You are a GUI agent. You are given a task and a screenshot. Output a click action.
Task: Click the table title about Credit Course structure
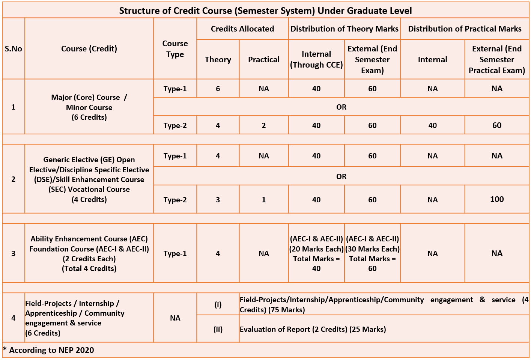[265, 11]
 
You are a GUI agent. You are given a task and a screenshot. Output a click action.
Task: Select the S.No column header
[14, 49]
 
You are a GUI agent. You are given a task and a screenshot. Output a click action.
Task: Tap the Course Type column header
[175, 49]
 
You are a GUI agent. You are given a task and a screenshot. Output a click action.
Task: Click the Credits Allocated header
[242, 29]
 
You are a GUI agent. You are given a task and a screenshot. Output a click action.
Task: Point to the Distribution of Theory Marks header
[344, 29]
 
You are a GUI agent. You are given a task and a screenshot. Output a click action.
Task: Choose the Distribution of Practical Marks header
[465, 29]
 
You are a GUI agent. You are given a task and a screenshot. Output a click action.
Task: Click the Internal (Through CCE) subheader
[316, 59]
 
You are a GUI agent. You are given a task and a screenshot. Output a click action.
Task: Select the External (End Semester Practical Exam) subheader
[496, 59]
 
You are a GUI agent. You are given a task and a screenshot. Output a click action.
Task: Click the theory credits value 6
[218, 89]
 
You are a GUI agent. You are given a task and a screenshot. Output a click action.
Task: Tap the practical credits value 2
[264, 125]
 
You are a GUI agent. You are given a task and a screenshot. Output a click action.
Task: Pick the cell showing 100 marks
[497, 199]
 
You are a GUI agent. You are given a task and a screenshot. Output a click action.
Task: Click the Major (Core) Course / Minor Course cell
[89, 107]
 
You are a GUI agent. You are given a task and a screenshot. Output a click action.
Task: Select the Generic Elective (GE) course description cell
[89, 179]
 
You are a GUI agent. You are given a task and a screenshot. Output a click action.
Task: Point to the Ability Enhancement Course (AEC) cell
[89, 253]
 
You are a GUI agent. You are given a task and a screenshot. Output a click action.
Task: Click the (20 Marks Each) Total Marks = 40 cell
[316, 253]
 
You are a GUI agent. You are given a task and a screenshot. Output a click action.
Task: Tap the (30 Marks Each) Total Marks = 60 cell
[372, 253]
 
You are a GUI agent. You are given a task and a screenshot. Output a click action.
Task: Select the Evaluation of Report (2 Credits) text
[313, 329]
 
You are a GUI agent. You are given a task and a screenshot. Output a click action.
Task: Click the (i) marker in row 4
[218, 304]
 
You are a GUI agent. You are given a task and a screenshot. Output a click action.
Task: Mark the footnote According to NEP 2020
[49, 350]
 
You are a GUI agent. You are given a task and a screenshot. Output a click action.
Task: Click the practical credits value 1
[264, 200]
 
